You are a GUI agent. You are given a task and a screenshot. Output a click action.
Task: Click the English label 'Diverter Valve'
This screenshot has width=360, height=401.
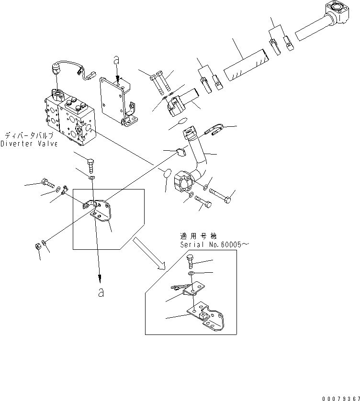(29, 144)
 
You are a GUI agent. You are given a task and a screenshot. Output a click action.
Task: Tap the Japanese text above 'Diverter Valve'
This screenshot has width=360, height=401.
(31, 136)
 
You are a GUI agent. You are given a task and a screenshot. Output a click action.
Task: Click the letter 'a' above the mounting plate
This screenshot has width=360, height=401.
(115, 60)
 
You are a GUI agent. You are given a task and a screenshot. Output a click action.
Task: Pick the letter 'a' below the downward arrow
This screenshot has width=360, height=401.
(101, 293)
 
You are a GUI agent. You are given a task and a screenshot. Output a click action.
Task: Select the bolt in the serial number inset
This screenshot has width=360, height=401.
(191, 261)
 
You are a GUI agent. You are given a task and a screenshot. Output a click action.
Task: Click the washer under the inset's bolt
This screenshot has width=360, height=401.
(191, 273)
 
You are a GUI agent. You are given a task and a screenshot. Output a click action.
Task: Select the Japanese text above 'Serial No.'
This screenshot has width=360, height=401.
(198, 236)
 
